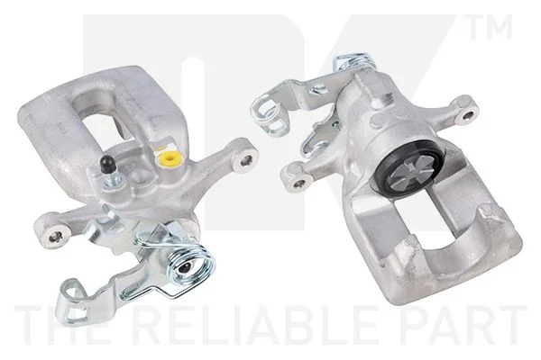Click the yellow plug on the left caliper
point(170,158)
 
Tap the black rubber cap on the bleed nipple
point(107,163)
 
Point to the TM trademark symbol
point(491,27)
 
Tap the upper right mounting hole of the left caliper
point(246,160)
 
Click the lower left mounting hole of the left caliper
point(54,237)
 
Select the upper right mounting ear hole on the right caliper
point(468,115)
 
